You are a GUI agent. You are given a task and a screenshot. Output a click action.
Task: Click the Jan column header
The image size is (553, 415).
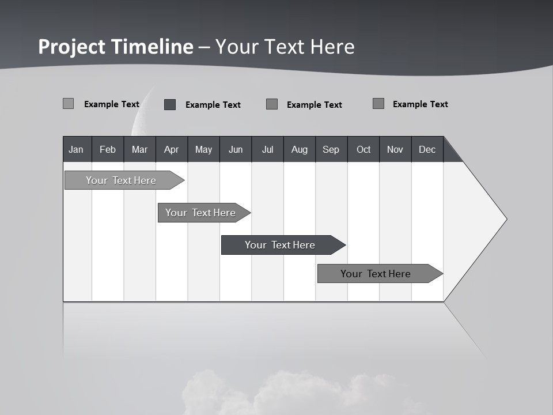tap(77, 149)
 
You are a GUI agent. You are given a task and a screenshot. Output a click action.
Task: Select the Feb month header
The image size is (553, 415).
tap(108, 149)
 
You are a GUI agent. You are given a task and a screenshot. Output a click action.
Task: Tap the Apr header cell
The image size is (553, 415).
tap(172, 149)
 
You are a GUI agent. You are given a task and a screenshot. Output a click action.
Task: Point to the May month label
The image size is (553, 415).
tap(203, 149)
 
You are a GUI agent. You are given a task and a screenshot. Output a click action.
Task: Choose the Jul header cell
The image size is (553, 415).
tap(267, 149)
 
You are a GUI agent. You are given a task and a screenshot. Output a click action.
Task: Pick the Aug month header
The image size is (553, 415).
tap(300, 149)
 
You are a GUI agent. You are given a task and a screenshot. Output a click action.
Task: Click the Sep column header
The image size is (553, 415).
tap(331, 149)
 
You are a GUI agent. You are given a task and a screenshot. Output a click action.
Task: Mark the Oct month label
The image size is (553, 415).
tap(363, 149)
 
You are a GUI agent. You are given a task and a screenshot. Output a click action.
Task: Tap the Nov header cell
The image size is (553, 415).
tap(395, 149)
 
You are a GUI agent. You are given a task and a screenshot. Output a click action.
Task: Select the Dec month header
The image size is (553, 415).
tap(427, 149)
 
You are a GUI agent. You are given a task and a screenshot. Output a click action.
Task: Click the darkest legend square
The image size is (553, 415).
tap(170, 104)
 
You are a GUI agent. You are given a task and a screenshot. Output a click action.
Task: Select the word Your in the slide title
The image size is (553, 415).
tap(235, 47)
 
